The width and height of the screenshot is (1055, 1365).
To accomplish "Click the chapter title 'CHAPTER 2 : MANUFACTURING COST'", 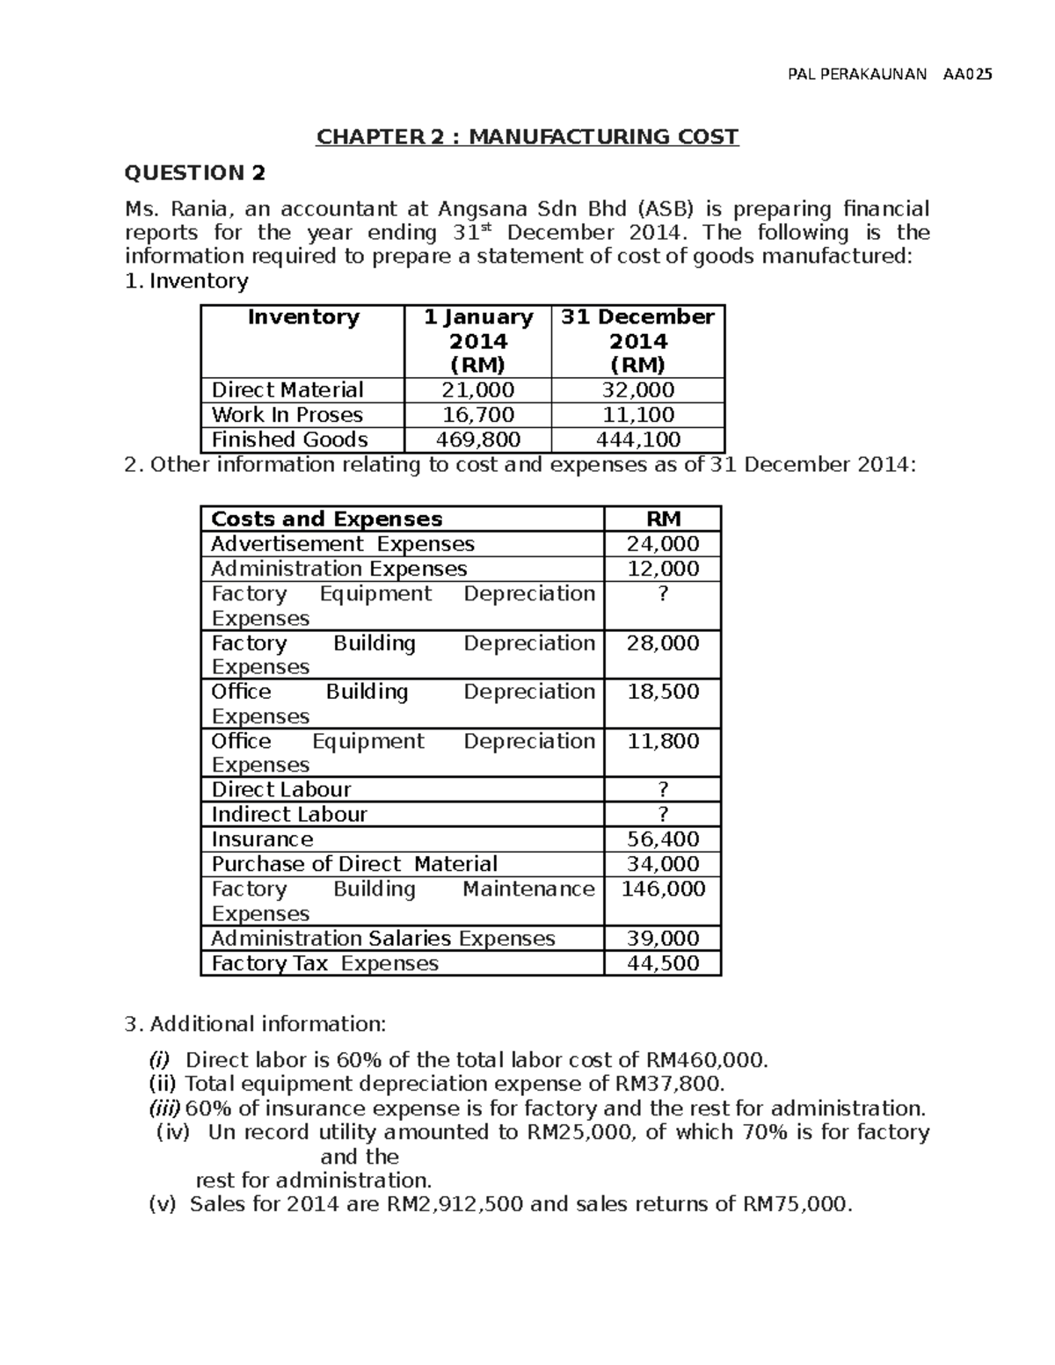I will (527, 137).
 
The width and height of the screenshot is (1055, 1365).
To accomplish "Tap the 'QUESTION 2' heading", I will (194, 173).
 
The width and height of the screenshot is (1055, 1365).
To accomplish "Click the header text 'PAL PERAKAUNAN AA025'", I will (889, 75).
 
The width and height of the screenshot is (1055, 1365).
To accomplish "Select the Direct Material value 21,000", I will (478, 390).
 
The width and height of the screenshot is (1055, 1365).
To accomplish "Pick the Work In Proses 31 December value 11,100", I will (638, 415).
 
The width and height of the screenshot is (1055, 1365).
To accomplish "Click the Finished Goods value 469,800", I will (478, 439).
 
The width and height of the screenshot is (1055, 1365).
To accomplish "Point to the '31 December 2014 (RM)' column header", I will (638, 341).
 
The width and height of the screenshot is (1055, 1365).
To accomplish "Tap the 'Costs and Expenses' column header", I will (326, 519).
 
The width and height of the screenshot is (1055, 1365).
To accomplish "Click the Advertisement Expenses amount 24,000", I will (663, 544).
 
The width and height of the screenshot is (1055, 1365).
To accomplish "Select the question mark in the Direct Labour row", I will (663, 789).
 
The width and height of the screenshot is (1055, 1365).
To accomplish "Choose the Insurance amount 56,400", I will (663, 839).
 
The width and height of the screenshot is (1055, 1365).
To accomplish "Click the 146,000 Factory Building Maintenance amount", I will (663, 889).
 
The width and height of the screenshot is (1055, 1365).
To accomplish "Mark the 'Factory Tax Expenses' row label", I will (324, 964).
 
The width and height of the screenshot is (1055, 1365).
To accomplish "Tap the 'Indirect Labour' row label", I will (289, 815).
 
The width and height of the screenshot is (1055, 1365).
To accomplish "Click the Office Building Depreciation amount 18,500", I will (663, 692).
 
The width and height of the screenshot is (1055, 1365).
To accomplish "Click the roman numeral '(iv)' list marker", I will (172, 1132).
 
